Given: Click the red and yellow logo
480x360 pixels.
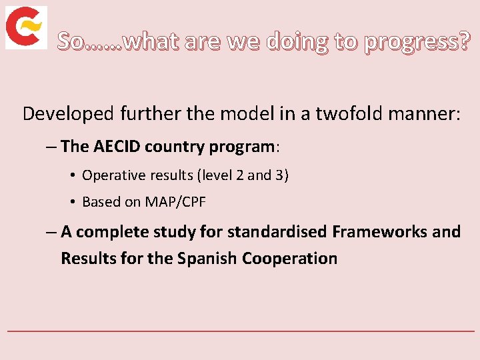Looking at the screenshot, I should tap(26, 27).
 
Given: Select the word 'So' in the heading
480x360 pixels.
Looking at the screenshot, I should tap(71, 43).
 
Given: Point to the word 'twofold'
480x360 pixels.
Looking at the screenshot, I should tap(347, 113).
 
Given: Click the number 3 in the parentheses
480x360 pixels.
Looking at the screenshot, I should tap(281, 175).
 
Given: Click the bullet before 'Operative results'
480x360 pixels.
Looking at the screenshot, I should tap(72, 176).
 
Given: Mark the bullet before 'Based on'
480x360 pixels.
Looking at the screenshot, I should tap(72, 202).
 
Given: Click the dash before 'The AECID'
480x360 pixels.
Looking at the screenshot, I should tap(51, 147).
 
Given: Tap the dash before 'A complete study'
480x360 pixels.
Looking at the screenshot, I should tap(51, 232).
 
